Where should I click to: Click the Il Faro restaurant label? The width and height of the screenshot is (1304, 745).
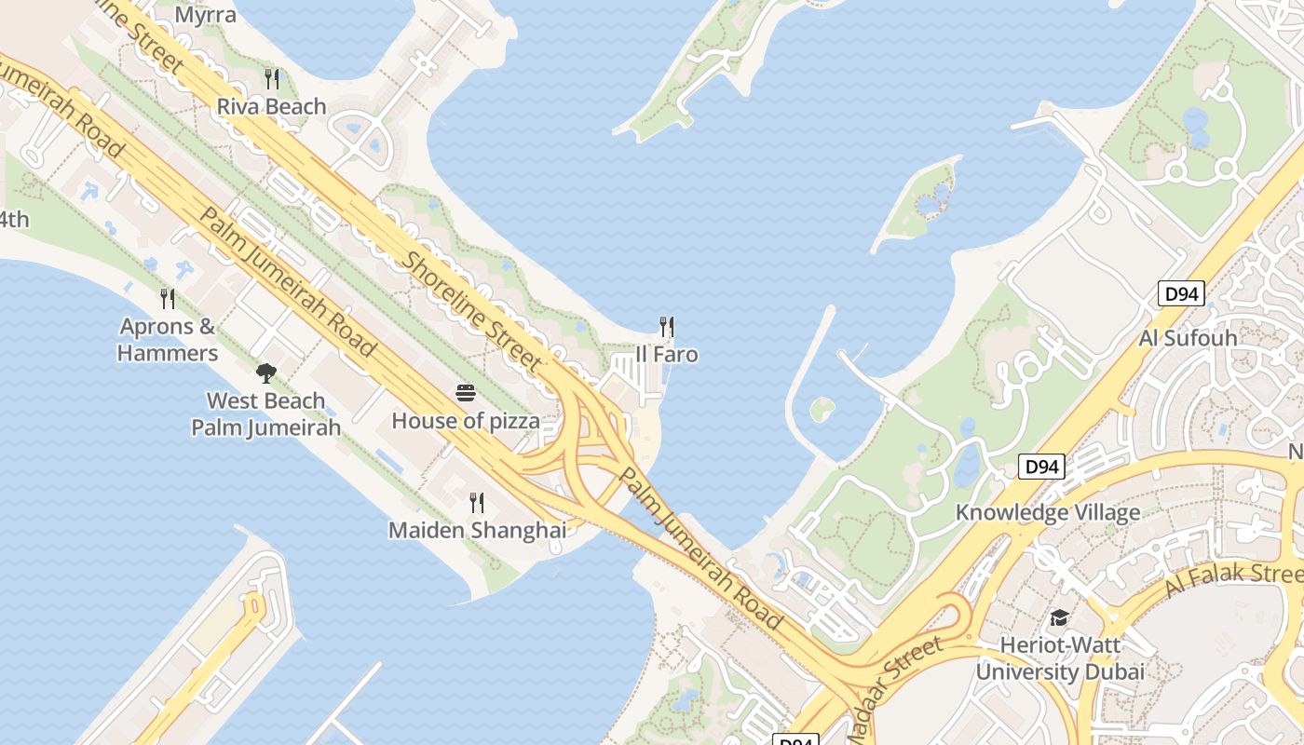click(666, 355)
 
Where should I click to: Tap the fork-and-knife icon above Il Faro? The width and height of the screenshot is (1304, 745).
click(666, 327)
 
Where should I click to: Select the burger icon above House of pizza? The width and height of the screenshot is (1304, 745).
click(466, 393)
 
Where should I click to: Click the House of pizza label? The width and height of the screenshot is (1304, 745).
click(466, 421)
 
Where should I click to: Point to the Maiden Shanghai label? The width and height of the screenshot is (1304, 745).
click(477, 530)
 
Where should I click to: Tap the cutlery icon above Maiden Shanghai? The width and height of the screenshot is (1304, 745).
click(477, 503)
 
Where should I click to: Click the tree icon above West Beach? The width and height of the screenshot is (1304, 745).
click(266, 373)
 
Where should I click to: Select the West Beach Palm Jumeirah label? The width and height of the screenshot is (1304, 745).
click(266, 414)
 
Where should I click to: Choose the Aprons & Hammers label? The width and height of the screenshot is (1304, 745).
click(168, 340)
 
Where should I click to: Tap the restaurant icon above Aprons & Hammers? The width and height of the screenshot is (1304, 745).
click(168, 299)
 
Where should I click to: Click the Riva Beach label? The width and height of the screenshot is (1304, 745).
click(272, 106)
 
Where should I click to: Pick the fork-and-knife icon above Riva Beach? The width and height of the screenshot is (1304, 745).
click(272, 78)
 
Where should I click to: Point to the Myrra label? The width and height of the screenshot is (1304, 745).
click(206, 15)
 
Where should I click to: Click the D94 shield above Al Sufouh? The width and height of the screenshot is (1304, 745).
click(1182, 294)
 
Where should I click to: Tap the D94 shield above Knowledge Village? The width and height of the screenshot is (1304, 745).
click(1040, 467)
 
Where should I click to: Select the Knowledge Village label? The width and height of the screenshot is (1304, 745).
click(1048, 513)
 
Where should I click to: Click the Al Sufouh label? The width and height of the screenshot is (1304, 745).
click(1189, 337)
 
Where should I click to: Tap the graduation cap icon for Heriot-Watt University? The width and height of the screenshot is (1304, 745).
click(1059, 618)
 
